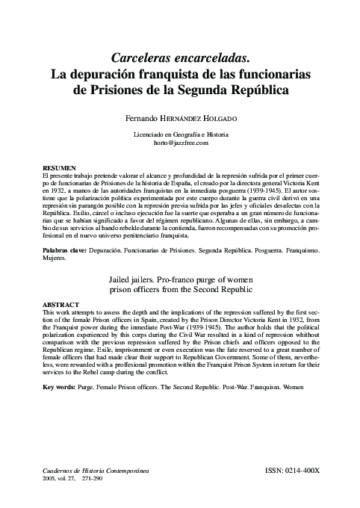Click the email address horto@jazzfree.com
point(180,142)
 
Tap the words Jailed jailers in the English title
point(136,278)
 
